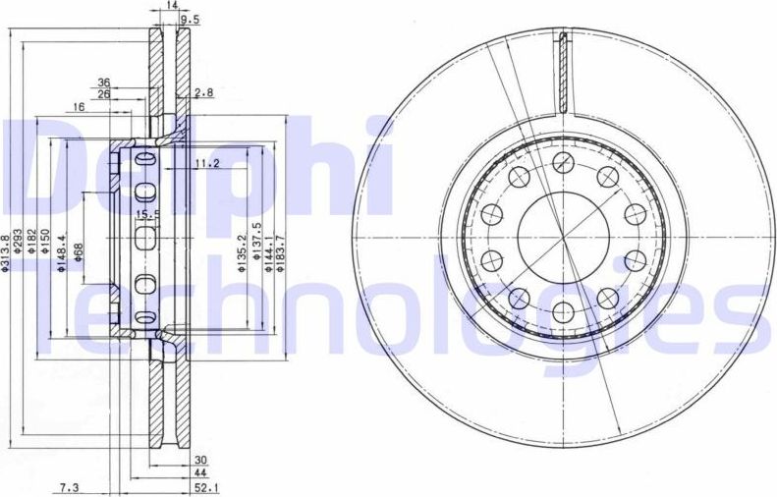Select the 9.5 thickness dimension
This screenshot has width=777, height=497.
pyautogui.click(x=192, y=19)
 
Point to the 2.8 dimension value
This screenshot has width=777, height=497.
pyautogui.click(x=203, y=93)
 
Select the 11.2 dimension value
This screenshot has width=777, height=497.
pyautogui.click(x=205, y=163)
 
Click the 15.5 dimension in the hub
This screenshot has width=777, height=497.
pyautogui.click(x=146, y=215)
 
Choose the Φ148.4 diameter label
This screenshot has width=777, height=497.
pyautogui.click(x=62, y=253)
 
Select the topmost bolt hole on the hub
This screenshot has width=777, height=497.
pyautogui.click(x=563, y=164)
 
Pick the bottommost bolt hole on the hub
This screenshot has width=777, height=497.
pyautogui.click(x=563, y=312)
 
